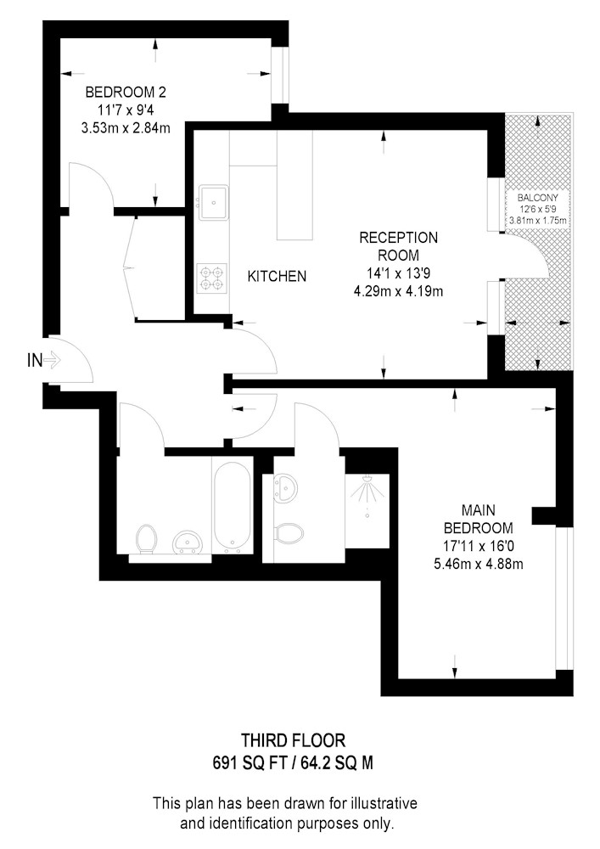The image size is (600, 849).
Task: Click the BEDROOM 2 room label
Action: coord(126,92)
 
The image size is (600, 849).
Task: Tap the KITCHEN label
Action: coord(277,276)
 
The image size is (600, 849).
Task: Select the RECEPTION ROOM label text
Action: coord(398,246)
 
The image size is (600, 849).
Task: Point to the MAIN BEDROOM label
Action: coord(479,519)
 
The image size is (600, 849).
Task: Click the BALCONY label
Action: coord(537,198)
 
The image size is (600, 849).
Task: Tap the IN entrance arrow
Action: coord(52,359)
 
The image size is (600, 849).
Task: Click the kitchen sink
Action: coord(214,202)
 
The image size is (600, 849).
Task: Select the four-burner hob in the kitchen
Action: coord(211,278)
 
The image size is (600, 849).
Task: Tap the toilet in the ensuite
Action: coord(288,533)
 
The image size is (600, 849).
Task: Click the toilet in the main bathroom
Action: coord(147,538)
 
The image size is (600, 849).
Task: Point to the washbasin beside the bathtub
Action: coord(188,542)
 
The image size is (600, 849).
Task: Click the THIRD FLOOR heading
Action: coord(294,740)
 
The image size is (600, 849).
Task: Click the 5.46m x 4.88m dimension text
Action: coord(479,565)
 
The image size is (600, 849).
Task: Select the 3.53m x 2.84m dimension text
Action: coord(126,128)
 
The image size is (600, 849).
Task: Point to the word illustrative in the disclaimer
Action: coord(384,802)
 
